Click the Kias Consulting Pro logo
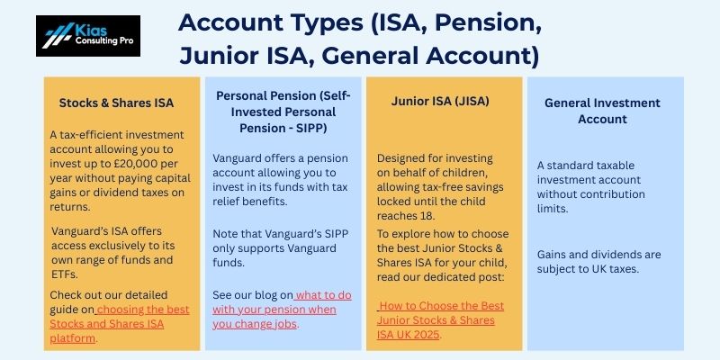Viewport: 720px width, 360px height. tap(88, 36)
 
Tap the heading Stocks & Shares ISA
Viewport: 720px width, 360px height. tap(116, 103)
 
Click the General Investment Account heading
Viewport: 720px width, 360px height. tap(602, 111)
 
